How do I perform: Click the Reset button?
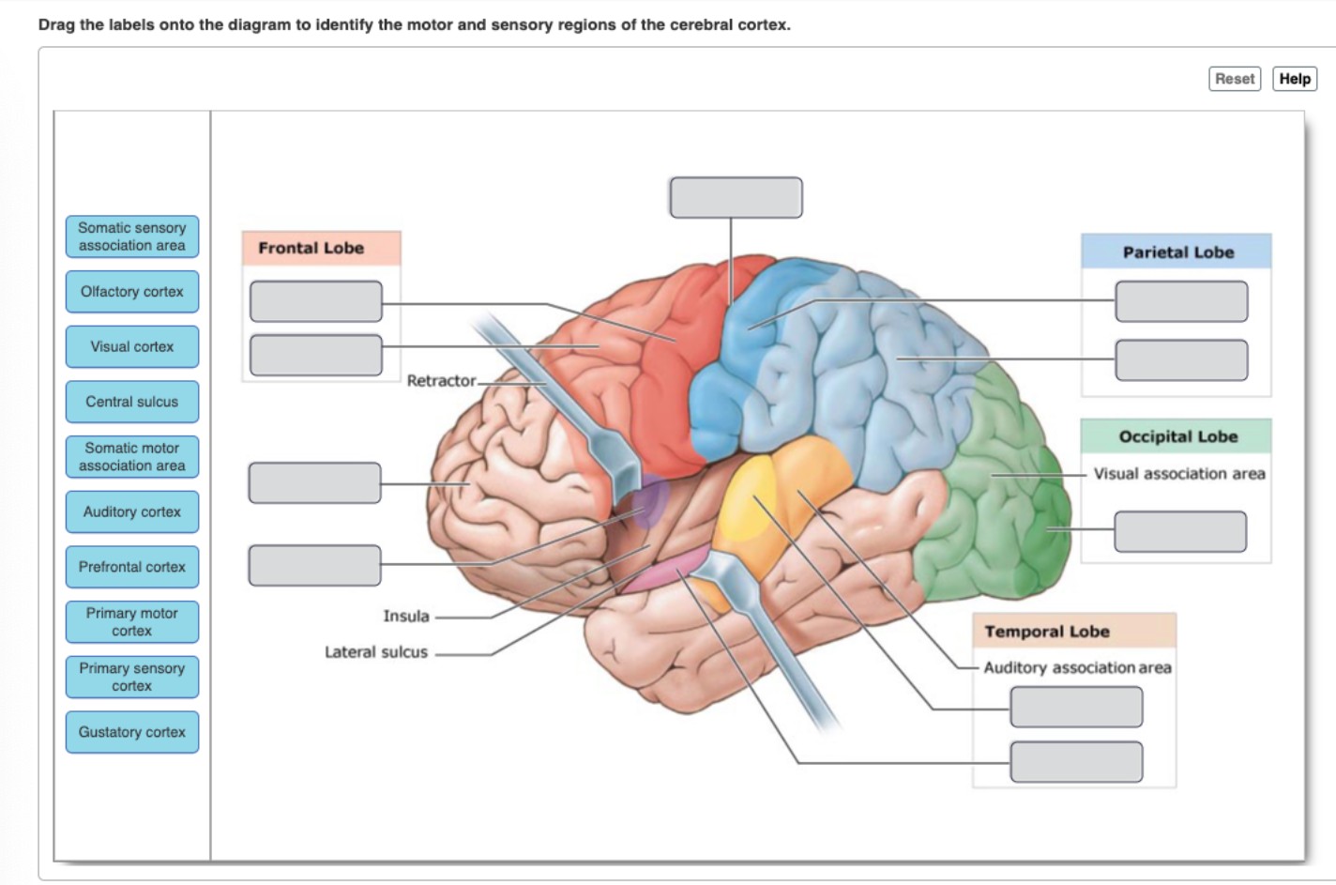point(1234,79)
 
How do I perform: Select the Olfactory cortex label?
point(132,292)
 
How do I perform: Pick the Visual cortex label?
point(132,347)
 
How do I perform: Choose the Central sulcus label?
point(132,402)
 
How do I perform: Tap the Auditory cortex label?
point(132,512)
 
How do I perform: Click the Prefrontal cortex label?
point(132,567)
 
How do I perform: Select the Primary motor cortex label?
point(132,622)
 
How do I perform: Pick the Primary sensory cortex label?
point(132,677)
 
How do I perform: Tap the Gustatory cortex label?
point(132,732)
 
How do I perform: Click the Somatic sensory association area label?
point(132,237)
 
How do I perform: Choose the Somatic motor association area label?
point(132,457)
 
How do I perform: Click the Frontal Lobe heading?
point(311,249)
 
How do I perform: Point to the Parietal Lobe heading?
point(1177,252)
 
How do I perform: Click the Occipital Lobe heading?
point(1177,436)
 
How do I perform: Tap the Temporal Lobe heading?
point(1047,632)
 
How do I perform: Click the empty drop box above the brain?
point(736,198)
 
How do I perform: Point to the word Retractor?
point(441,381)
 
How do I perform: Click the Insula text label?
point(405,617)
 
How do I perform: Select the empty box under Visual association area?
point(1180,531)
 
